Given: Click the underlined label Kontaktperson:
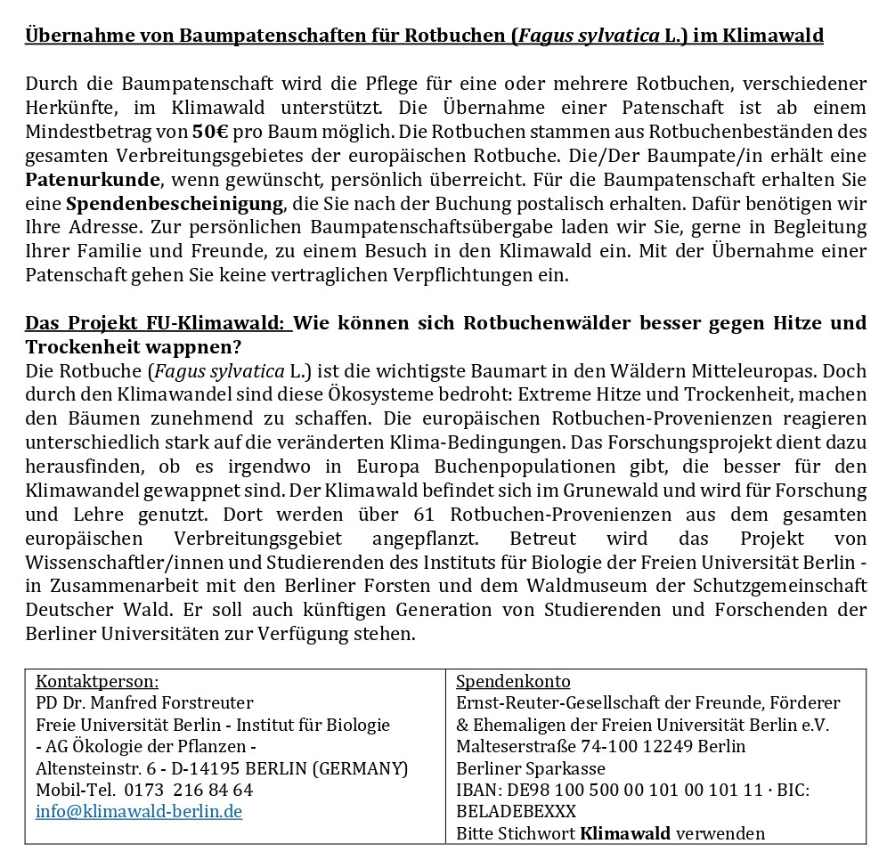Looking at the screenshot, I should [x=97, y=682].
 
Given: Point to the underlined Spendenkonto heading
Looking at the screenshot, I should [x=513, y=682].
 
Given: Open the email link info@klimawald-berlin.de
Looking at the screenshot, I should [x=139, y=811].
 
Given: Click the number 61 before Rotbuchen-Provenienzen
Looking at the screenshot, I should [x=425, y=514].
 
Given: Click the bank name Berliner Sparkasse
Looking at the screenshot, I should [x=531, y=768].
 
